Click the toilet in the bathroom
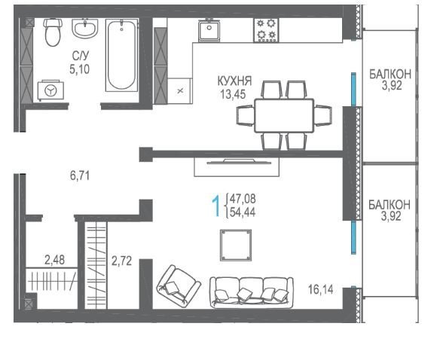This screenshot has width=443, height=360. (53, 32)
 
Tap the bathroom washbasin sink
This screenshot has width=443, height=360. (84, 28)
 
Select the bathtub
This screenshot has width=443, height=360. (122, 55)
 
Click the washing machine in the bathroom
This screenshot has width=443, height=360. (51, 90)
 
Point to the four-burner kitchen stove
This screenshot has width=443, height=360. (266, 30)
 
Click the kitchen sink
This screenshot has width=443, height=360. (209, 29)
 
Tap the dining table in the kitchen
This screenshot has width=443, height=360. (284, 115)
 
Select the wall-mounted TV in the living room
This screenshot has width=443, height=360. (240, 162)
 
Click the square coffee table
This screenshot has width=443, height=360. (236, 245)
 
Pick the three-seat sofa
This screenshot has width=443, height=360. (252, 292)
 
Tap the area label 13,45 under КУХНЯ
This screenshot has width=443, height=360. (233, 94)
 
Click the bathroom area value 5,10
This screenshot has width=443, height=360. (80, 69)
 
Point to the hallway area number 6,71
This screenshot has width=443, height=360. (80, 176)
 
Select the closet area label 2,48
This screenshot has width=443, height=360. (54, 260)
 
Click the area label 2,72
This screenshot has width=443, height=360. (121, 261)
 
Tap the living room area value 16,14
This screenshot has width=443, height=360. (321, 290)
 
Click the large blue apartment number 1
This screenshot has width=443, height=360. (216, 206)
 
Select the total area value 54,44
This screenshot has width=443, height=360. (243, 212)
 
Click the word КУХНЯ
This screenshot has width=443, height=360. (234, 81)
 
